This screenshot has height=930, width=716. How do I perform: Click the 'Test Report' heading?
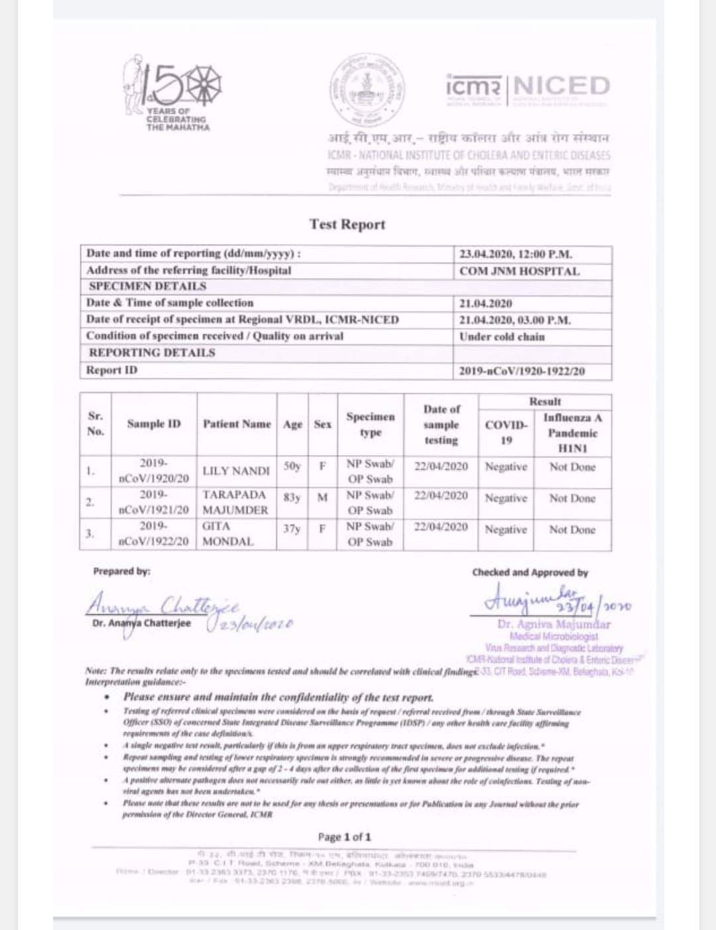pyautogui.click(x=347, y=224)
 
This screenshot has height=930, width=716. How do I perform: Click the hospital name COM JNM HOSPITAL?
pyautogui.click(x=519, y=271)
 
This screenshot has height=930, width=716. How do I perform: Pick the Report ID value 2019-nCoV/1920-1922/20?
pyautogui.click(x=522, y=371)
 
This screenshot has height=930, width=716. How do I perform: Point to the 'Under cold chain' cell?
pyautogui.click(x=502, y=336)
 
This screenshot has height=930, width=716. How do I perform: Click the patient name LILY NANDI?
pyautogui.click(x=236, y=471)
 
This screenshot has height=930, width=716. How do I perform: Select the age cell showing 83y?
pyautogui.click(x=292, y=497)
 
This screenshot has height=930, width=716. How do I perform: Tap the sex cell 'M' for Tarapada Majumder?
pyautogui.click(x=322, y=497)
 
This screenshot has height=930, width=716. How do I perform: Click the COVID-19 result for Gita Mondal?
pyautogui.click(x=506, y=529)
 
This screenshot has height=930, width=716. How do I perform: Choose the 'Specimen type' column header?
pyautogui.click(x=370, y=425)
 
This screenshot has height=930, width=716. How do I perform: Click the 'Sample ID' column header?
pyautogui.click(x=154, y=424)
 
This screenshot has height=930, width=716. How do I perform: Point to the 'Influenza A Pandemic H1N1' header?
pyautogui.click(x=572, y=433)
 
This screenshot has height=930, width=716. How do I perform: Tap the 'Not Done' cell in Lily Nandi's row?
pyautogui.click(x=572, y=467)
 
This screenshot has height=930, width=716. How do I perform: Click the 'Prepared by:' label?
pyautogui.click(x=121, y=571)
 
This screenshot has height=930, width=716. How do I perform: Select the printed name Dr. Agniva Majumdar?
pyautogui.click(x=554, y=624)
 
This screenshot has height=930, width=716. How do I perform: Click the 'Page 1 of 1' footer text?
pyautogui.click(x=344, y=836)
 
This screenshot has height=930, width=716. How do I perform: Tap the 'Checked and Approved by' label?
pyautogui.click(x=530, y=572)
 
